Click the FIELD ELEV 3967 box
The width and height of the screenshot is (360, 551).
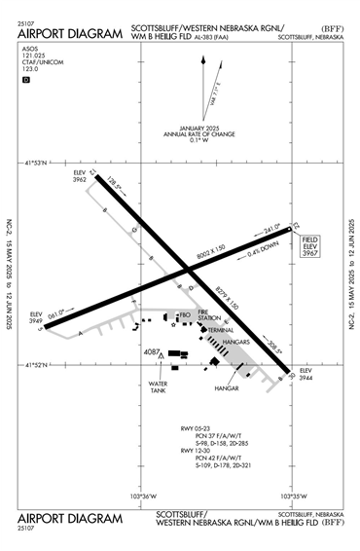tap(310, 244)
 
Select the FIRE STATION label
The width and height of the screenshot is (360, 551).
tap(210, 316)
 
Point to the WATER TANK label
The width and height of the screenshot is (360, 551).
tap(159, 387)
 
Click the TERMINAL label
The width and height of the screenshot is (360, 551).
tap(223, 331)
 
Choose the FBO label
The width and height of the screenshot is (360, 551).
tap(185, 314)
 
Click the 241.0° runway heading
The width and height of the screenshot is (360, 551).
tap(271, 231)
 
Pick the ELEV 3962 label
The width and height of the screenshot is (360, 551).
tap(80, 176)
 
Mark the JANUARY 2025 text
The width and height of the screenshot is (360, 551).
tap(187, 126)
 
